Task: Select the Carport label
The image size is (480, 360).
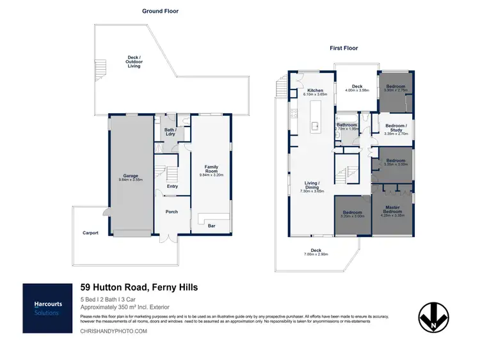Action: [x=90, y=233]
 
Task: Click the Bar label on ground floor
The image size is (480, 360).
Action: [x=211, y=225]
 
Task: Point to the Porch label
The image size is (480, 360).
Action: [x=172, y=212]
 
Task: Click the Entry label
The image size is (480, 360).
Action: [x=172, y=187]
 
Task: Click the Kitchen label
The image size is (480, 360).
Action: [x=315, y=91]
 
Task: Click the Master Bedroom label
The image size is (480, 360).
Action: [x=392, y=209]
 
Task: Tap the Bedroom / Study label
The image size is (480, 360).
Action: [x=396, y=128]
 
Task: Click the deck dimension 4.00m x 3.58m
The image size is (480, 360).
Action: [x=356, y=90]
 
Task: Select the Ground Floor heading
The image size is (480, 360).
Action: [x=160, y=11]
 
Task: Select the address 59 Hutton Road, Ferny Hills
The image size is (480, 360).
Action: [x=139, y=288]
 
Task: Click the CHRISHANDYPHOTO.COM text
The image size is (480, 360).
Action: [x=114, y=331]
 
